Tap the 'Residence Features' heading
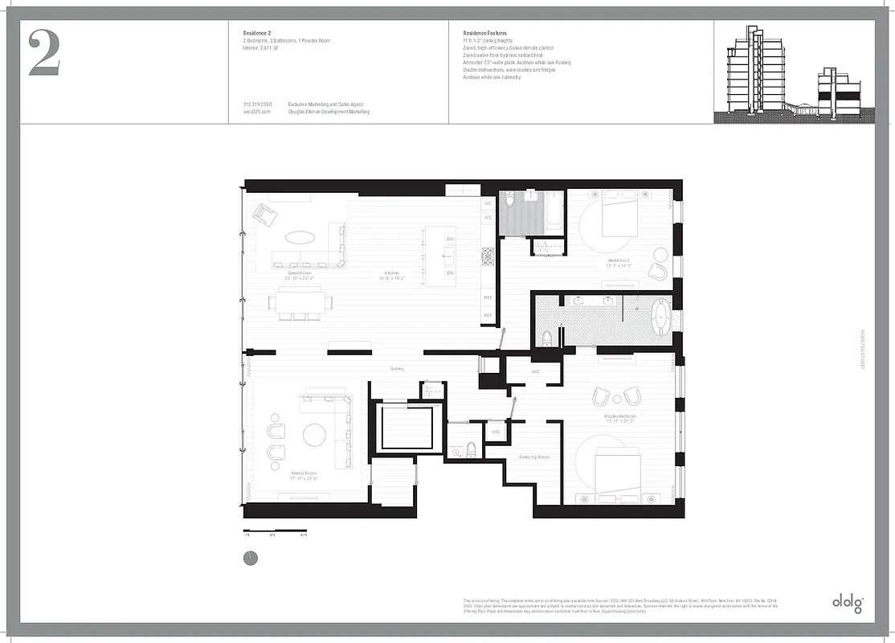[484, 33]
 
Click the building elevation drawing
[791, 73]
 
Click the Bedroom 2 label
[619, 263]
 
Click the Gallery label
[396, 369]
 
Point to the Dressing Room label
[533, 457]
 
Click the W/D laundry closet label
[496, 432]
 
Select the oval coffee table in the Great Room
[300, 237]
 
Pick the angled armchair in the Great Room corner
[264, 214]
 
